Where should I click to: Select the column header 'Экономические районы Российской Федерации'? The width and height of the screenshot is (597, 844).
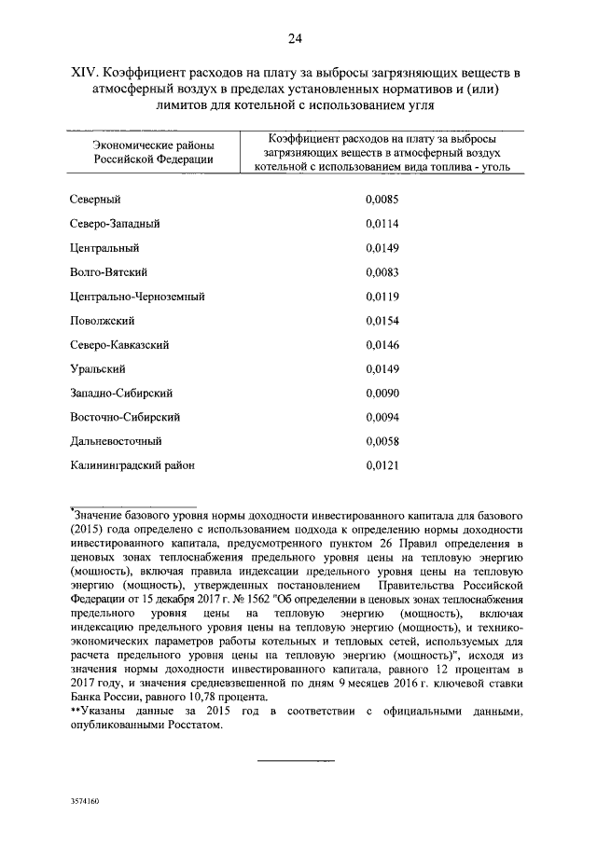tap(153, 151)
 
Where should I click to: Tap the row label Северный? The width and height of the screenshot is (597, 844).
tap(96, 200)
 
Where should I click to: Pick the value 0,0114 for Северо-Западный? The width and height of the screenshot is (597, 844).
tap(382, 224)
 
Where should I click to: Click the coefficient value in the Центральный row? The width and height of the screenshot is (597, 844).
tap(382, 248)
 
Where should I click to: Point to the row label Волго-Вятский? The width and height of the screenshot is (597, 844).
tap(109, 272)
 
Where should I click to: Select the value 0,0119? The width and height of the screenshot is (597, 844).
tap(382, 297)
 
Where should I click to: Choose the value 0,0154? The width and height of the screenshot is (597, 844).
tap(382, 321)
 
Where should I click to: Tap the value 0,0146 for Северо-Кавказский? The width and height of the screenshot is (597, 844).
tap(382, 345)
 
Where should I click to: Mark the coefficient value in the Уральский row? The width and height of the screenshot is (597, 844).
tap(382, 369)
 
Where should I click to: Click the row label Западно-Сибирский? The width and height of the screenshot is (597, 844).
tap(120, 394)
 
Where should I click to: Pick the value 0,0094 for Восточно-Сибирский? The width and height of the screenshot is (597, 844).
tap(382, 418)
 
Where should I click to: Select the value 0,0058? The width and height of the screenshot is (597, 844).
tap(382, 441)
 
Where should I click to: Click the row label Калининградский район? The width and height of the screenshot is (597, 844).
tap(132, 465)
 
